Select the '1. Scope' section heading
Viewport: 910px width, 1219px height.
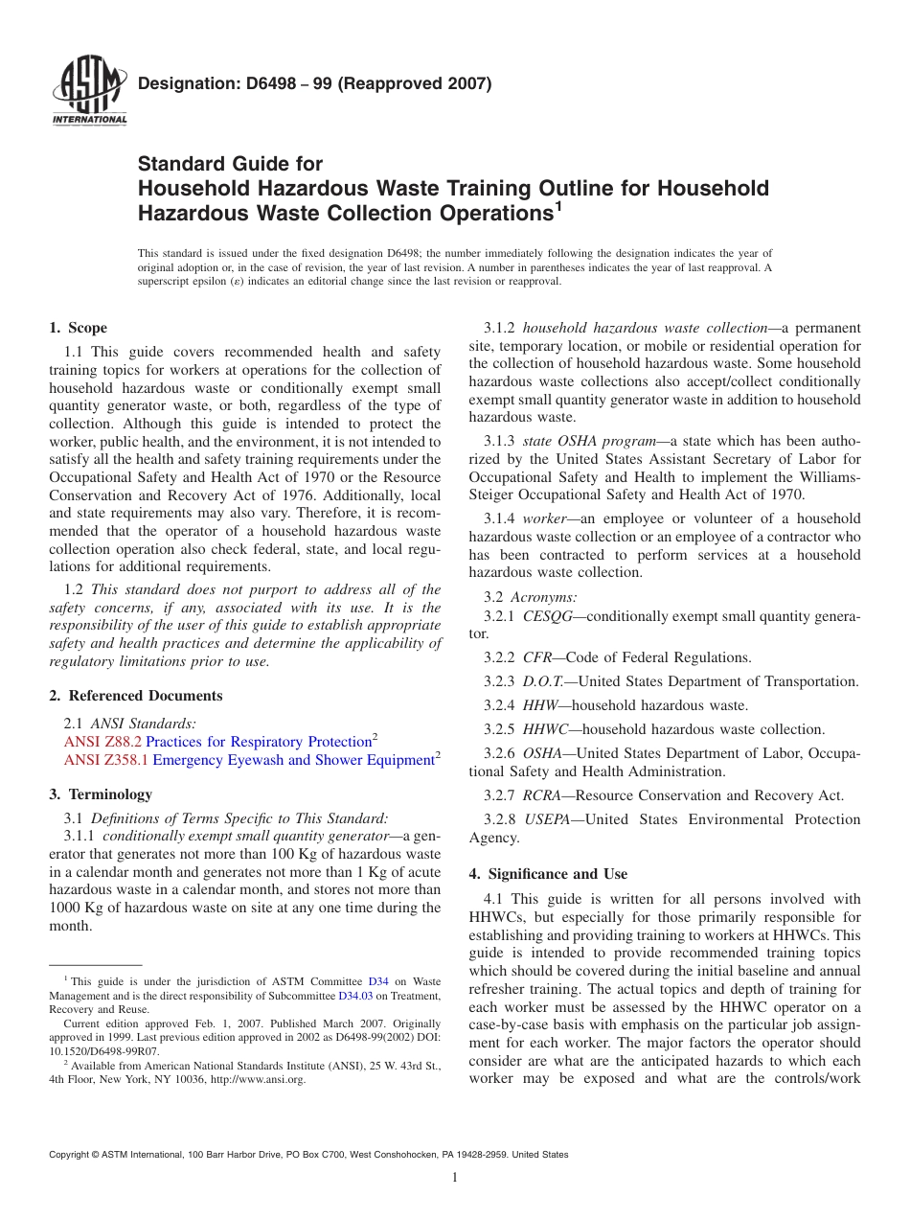click(79, 328)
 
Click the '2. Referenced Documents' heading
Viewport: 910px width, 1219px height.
click(136, 696)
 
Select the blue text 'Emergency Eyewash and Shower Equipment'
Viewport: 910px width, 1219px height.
click(293, 760)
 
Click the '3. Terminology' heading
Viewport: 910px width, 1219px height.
click(101, 793)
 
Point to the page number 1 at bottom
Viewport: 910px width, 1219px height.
click(455, 1178)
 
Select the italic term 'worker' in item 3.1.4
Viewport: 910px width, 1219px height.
click(544, 518)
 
